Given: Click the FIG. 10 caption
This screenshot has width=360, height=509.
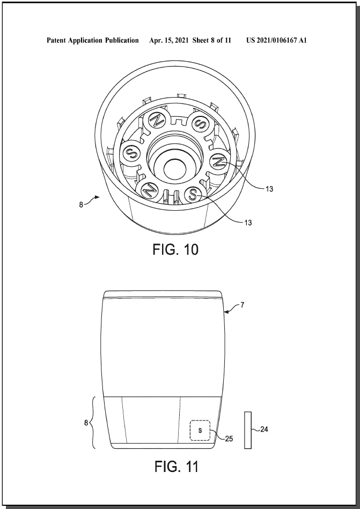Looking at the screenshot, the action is pyautogui.click(x=175, y=249).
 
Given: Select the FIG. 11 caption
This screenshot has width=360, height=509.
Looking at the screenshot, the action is pyautogui.click(x=177, y=467).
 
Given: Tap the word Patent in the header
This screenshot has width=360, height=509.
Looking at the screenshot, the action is pyautogui.click(x=56, y=40).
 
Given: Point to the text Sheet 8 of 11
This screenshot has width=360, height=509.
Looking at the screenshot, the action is pyautogui.click(x=211, y=40).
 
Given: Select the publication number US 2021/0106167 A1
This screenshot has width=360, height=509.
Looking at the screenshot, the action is pyautogui.click(x=276, y=40).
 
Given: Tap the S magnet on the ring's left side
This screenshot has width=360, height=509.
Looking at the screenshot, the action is pyautogui.click(x=131, y=152).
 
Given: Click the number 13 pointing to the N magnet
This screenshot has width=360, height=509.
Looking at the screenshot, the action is pyautogui.click(x=269, y=189).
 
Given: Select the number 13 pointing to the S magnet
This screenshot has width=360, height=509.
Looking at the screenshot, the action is pyautogui.click(x=248, y=223).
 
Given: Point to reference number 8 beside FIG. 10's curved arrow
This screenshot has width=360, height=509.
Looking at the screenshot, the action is pyautogui.click(x=81, y=205).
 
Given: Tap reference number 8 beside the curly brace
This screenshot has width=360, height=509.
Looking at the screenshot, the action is pyautogui.click(x=86, y=423).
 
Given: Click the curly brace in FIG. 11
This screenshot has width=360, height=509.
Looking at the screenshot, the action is pyautogui.click(x=93, y=423).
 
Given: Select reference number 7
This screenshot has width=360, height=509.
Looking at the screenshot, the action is pyautogui.click(x=242, y=305).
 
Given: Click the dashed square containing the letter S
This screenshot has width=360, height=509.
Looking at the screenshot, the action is pyautogui.click(x=200, y=431).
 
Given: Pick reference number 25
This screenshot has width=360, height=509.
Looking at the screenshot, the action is pyautogui.click(x=229, y=439).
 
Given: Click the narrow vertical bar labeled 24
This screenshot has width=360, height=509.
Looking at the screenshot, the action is pyautogui.click(x=248, y=431).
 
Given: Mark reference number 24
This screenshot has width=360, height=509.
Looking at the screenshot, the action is pyautogui.click(x=265, y=429).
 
